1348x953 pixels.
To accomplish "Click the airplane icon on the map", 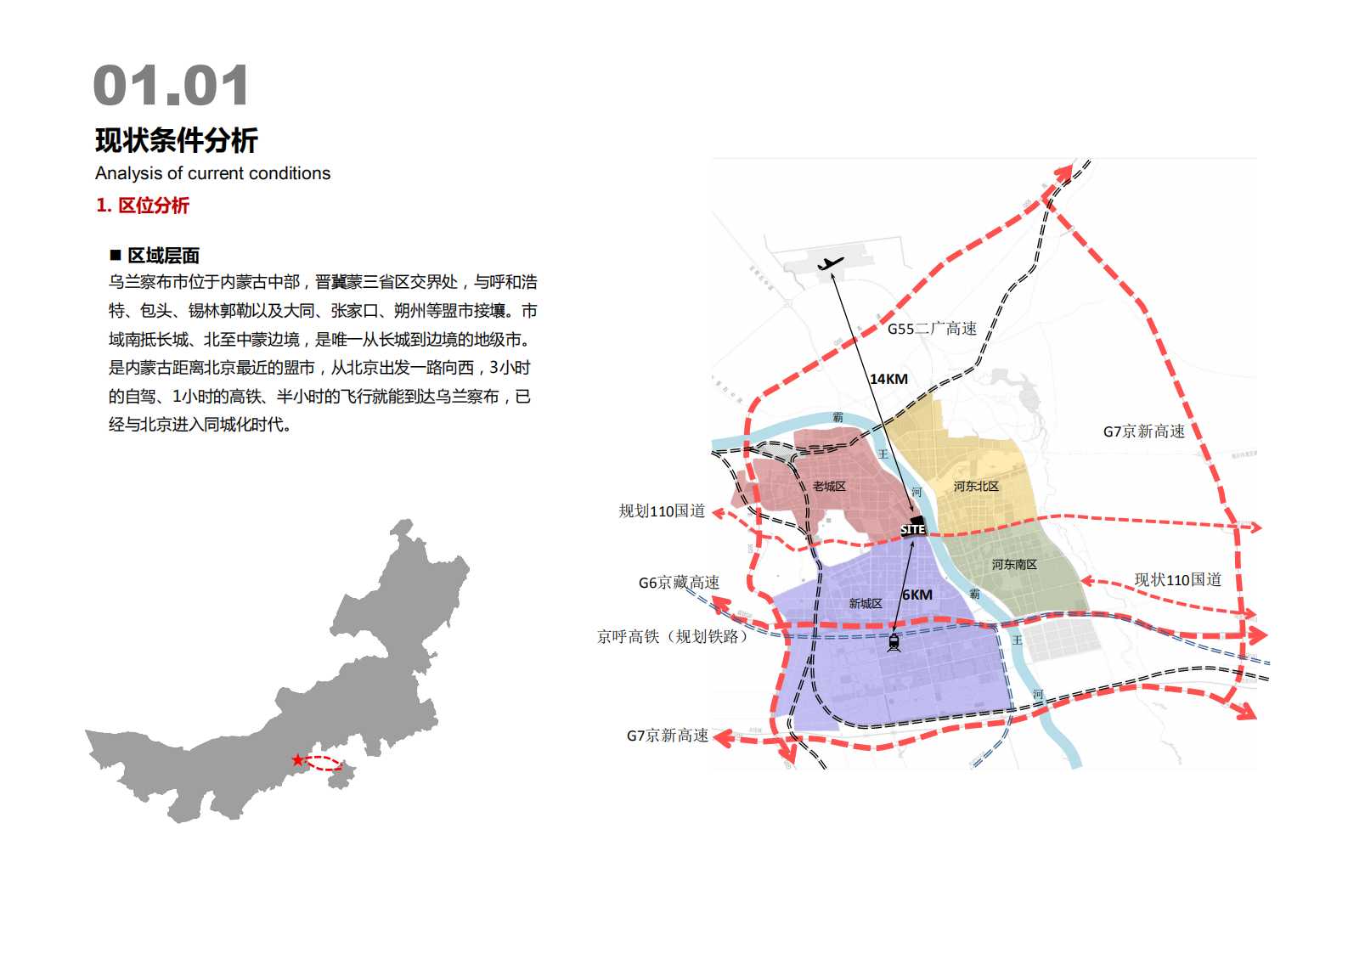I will point(830,263).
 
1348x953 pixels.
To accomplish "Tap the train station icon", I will point(894,642).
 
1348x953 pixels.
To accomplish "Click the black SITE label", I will point(913,529).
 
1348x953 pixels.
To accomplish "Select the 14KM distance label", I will point(888,379).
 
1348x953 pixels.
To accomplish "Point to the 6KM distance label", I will point(917,595).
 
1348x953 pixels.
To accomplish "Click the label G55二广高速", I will point(932,329).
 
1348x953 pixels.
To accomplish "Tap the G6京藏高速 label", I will point(679,583).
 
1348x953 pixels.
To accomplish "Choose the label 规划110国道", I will point(662,510).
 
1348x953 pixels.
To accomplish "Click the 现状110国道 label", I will point(1177,579).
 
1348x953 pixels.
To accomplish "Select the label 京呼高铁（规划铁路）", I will point(672,636).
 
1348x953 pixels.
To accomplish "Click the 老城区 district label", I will point(829,486).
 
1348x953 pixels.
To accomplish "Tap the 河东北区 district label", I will point(976,486).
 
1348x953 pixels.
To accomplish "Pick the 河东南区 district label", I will point(1014,564).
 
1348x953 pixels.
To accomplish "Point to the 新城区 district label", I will point(866,603).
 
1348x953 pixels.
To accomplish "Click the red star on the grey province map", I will point(297,760).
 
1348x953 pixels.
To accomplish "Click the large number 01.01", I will point(171,86).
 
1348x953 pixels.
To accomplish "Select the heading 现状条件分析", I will point(177,140).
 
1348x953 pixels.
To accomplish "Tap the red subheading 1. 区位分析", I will point(142,206).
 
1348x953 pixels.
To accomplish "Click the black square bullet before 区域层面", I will point(116,255).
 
